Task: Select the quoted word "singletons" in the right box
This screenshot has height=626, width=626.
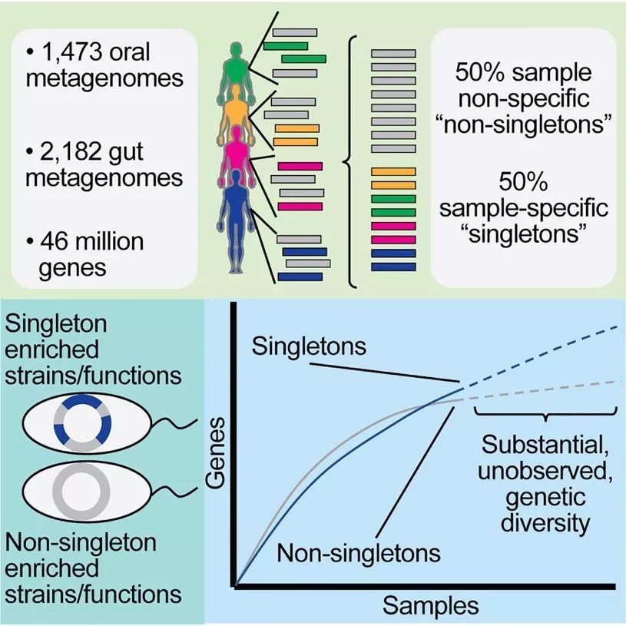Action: (x=522, y=232)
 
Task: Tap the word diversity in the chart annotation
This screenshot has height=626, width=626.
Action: (x=547, y=523)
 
